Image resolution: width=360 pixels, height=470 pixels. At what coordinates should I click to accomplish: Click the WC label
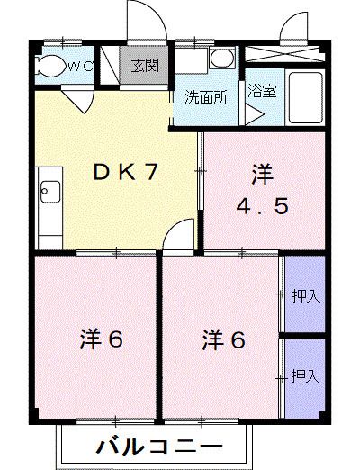[x=82, y=66]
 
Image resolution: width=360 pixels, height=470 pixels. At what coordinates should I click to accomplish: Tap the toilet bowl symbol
[x=52, y=66]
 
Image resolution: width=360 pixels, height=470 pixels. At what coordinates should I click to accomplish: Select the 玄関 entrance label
[x=143, y=65]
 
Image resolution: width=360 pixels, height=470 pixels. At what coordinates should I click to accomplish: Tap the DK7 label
[x=127, y=172]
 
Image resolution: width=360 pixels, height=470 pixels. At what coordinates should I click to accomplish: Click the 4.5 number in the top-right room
[x=262, y=206]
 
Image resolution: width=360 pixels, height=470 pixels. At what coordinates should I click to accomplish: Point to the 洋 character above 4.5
[x=262, y=172]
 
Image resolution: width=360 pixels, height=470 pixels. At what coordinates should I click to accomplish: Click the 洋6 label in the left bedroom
[x=99, y=340]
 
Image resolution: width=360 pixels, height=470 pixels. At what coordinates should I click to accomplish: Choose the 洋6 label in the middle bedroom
[x=223, y=340]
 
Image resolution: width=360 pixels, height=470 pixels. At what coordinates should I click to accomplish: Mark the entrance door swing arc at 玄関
[x=144, y=20]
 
